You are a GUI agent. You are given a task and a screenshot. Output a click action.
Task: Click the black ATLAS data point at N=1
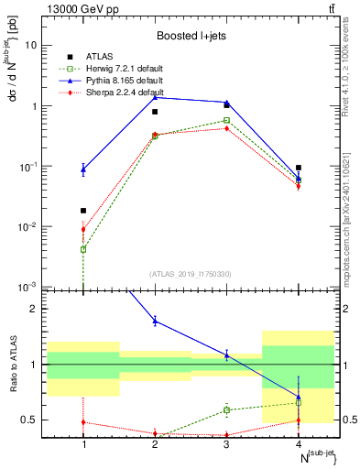[x=83, y=211]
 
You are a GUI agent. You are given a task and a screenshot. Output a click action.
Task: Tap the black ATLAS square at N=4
[x=299, y=168]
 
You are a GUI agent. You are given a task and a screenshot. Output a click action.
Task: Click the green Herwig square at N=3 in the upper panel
[x=227, y=120]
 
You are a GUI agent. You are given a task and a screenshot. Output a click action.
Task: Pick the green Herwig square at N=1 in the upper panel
[x=83, y=249]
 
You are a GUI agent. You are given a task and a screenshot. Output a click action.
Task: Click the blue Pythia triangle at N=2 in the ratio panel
[x=155, y=321]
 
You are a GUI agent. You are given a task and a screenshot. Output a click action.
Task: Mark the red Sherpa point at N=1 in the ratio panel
[x=83, y=422]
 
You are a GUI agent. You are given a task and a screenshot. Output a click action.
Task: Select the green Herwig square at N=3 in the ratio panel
[x=227, y=409]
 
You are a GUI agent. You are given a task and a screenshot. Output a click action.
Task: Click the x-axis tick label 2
[x=155, y=444]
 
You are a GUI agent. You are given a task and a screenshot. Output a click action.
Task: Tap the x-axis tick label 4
[x=299, y=444]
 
